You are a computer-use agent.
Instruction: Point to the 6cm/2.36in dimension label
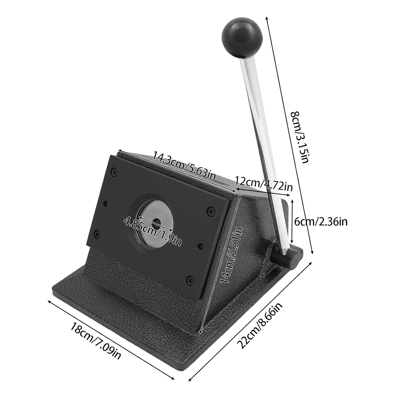pos(321,222)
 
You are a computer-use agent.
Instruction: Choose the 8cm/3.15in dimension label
pos(299,137)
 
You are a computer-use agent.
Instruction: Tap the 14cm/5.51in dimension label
pos(231,255)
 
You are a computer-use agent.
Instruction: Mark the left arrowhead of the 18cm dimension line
pos(48,301)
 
